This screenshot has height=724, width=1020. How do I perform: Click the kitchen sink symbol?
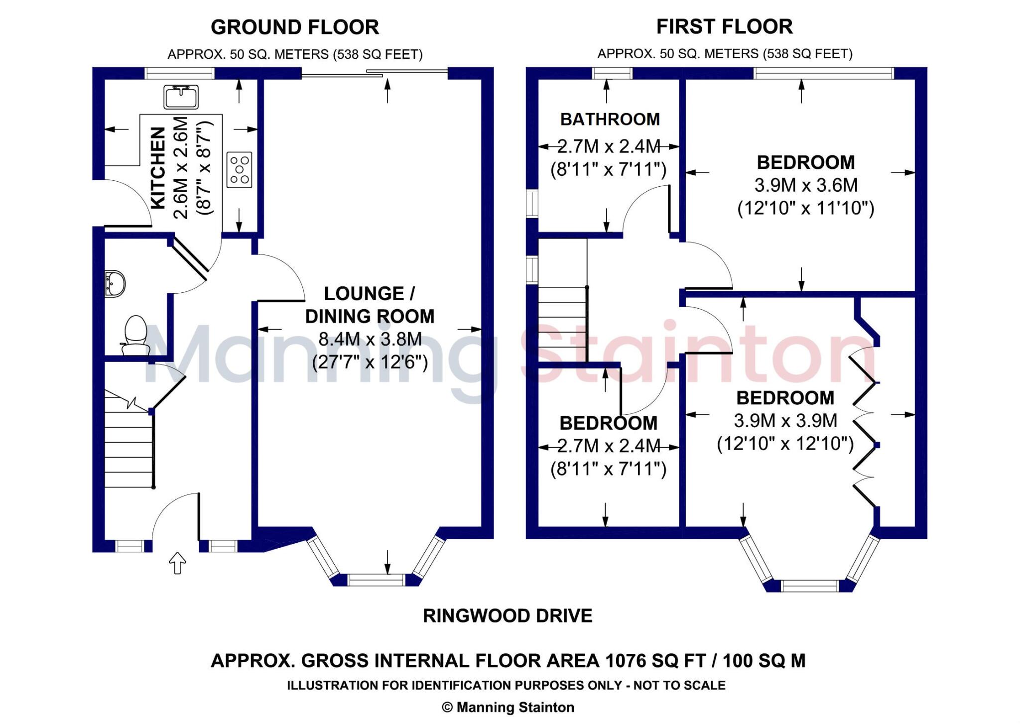pyautogui.click(x=181, y=97)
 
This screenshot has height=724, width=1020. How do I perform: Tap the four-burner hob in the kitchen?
pyautogui.click(x=239, y=170)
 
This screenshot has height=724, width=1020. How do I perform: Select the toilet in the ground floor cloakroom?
pyautogui.click(x=135, y=333)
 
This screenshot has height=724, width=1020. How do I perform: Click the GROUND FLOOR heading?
pyautogui.click(x=295, y=27)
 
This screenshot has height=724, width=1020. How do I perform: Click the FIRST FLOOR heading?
pyautogui.click(x=724, y=26)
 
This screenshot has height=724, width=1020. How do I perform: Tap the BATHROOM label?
pyautogui.click(x=610, y=119)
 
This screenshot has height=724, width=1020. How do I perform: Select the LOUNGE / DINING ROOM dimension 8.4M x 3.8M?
pyautogui.click(x=370, y=339)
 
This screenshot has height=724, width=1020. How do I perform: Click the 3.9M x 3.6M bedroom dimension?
pyautogui.click(x=805, y=185)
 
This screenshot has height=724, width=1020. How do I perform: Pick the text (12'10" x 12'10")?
pyautogui.click(x=785, y=443)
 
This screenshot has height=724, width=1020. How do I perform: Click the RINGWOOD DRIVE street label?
pyautogui.click(x=508, y=616)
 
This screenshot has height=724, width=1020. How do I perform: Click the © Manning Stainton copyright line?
pyautogui.click(x=508, y=707)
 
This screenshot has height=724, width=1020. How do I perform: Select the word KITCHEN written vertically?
pyautogui.click(x=157, y=168)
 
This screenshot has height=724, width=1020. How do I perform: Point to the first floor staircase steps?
pyautogui.click(x=563, y=324)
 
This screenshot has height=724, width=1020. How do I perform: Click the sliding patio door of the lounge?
pyautogui.click(x=375, y=74)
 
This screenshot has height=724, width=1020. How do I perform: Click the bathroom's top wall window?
pyautogui.click(x=612, y=73)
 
